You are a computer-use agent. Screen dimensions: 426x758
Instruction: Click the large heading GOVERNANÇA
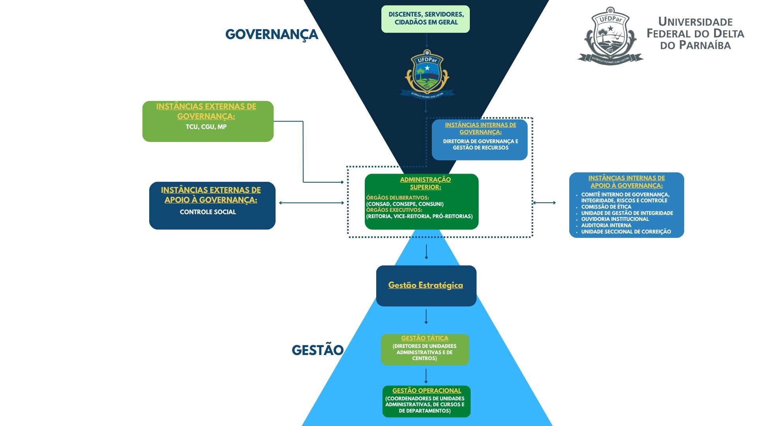click(x=272, y=34)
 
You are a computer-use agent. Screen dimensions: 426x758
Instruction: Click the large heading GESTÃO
click(x=317, y=350)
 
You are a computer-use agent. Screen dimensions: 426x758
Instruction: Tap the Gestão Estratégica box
click(x=426, y=285)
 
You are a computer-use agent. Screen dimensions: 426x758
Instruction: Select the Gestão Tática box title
click(x=425, y=338)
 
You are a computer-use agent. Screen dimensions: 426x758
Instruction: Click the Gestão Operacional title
click(x=426, y=390)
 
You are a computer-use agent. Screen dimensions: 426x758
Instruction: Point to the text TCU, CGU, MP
click(x=206, y=127)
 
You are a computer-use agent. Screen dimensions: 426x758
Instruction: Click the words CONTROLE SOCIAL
click(x=208, y=212)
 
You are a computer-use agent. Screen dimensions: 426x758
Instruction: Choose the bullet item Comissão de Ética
click(x=606, y=207)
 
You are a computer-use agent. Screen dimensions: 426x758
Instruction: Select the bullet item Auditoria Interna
click(x=606, y=225)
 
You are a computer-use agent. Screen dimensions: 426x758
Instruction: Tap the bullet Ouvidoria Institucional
click(x=615, y=219)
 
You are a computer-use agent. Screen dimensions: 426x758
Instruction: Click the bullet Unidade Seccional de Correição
click(x=626, y=232)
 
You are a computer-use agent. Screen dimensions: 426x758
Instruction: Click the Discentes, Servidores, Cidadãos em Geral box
click(x=426, y=19)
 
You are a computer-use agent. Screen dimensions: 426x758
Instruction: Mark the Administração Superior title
click(x=425, y=183)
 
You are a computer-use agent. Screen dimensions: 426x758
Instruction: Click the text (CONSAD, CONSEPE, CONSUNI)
click(x=405, y=204)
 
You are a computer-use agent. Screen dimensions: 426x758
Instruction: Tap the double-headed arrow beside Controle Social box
click(x=311, y=203)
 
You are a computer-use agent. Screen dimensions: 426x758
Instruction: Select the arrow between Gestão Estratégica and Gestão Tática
click(x=426, y=316)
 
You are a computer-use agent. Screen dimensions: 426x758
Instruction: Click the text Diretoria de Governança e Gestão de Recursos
click(x=480, y=144)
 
